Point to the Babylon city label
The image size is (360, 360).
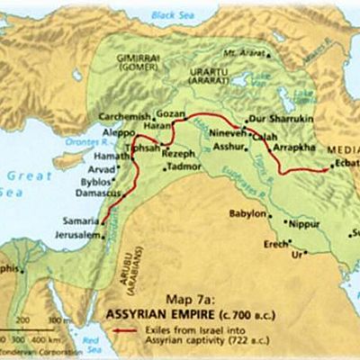pyautogui.click(x=247, y=214)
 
